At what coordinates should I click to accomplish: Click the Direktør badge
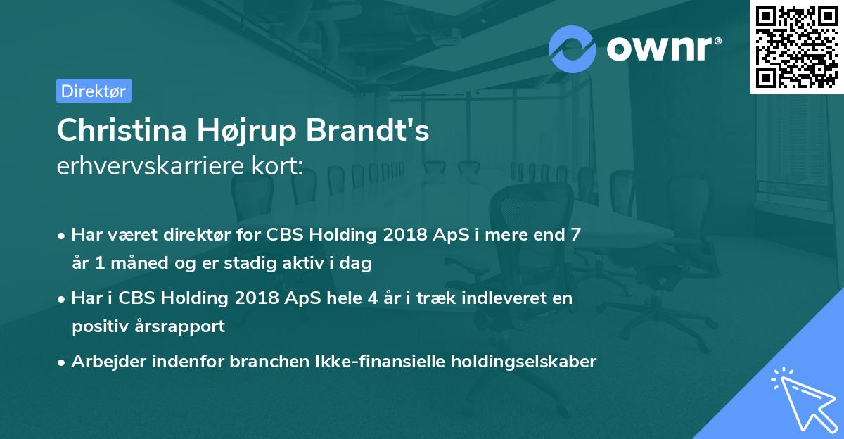(x=94, y=91)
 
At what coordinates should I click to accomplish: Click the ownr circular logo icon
(x=573, y=49)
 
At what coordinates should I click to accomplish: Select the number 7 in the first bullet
(x=576, y=234)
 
